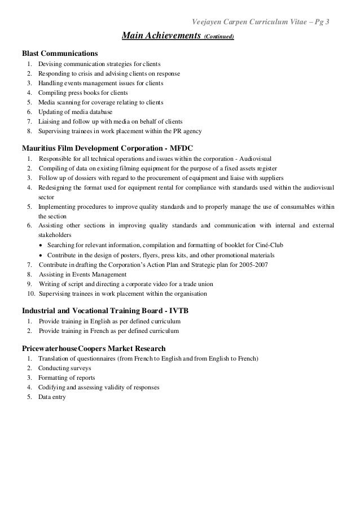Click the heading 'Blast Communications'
click(x=59, y=53)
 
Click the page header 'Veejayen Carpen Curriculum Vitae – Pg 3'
click(x=262, y=22)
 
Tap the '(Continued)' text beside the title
click(x=219, y=38)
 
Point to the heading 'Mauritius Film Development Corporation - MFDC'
click(x=107, y=148)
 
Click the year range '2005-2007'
click(x=255, y=265)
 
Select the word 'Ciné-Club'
click(x=270, y=245)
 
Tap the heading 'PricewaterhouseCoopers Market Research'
click(x=94, y=348)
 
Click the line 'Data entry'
click(x=52, y=397)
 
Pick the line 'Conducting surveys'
click(x=64, y=368)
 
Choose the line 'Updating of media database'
click(x=75, y=112)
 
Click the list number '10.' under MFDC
click(x=31, y=294)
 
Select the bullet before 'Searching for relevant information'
click(x=41, y=245)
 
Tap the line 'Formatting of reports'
click(x=67, y=378)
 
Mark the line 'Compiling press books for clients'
click(x=83, y=93)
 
